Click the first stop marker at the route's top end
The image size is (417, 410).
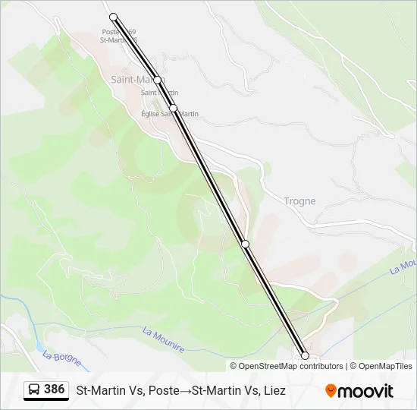tap(114, 17)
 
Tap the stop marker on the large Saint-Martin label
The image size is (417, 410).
tap(157, 80)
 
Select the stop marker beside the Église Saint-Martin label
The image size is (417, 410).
tap(174, 109)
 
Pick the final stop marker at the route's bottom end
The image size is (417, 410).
tap(306, 355)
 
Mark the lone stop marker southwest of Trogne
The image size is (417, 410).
tap(245, 244)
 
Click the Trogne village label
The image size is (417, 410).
tap(299, 201)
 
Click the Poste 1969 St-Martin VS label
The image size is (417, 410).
tap(120, 36)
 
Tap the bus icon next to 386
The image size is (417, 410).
tap(34, 389)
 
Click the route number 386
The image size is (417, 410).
tap(55, 389)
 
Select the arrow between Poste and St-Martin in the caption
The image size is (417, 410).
tap(187, 391)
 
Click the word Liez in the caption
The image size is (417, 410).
tap(274, 391)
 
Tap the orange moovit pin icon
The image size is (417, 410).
tap(331, 391)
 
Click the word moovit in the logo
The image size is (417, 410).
tap(366, 391)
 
